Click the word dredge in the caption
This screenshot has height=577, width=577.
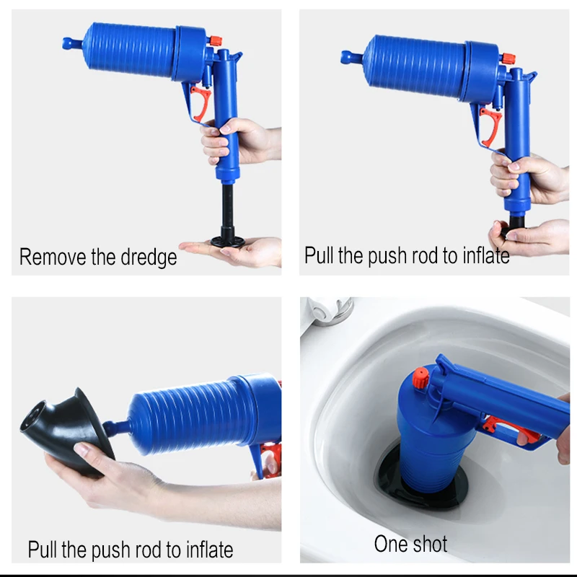[x=142, y=257]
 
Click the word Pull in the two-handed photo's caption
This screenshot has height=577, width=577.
[x=319, y=255]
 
